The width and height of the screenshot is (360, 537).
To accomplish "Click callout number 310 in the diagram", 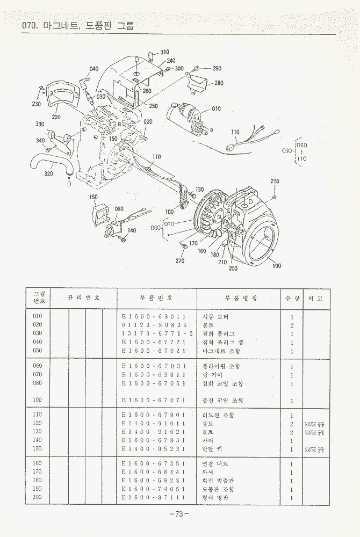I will coord(164,52).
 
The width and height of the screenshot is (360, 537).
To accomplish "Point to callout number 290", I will coord(217,69).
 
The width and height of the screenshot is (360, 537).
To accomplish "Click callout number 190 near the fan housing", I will coord(277,266).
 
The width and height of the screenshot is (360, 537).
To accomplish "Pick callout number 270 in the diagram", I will coord(179,261).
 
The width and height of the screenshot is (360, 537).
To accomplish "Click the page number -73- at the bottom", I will coord(179,514).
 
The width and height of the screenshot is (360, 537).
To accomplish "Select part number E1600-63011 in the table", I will coord(154,317).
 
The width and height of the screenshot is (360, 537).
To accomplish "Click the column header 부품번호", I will coord(156,297).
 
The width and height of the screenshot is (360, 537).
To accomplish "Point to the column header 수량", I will coord(291,297).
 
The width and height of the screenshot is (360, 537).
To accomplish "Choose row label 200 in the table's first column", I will coord(38,498).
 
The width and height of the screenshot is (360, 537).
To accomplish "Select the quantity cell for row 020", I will coord(291,325).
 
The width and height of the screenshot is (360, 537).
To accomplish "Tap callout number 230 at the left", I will coord(37,104).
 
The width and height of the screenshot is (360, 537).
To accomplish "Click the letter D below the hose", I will coord(69,184).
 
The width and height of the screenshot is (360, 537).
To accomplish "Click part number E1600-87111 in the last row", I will coord(154,498).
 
